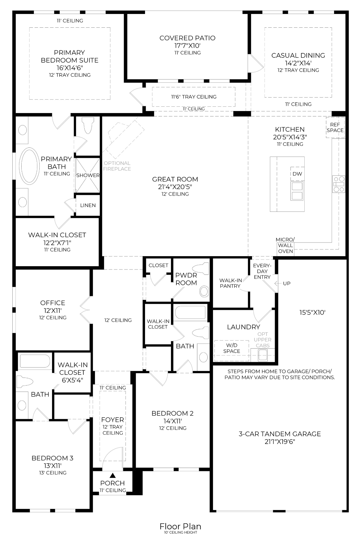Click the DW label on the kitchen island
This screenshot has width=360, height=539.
297,174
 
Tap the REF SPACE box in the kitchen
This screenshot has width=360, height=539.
335,127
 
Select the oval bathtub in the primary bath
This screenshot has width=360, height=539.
29,166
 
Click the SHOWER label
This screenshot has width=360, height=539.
88,175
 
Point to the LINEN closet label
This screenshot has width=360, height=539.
88,205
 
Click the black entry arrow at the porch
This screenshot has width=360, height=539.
113,476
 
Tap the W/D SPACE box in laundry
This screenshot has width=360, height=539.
232,349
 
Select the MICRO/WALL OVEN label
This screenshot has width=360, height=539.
285,245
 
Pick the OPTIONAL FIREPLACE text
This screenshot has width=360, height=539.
117,166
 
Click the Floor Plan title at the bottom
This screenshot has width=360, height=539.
180,526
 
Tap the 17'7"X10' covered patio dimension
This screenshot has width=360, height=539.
187,46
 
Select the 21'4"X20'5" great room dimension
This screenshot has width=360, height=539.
175,187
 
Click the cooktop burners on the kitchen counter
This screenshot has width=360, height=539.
339,184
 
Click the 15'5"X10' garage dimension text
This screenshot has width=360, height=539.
312,313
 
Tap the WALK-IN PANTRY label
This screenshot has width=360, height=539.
230,283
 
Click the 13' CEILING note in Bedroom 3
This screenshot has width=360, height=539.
53,473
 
